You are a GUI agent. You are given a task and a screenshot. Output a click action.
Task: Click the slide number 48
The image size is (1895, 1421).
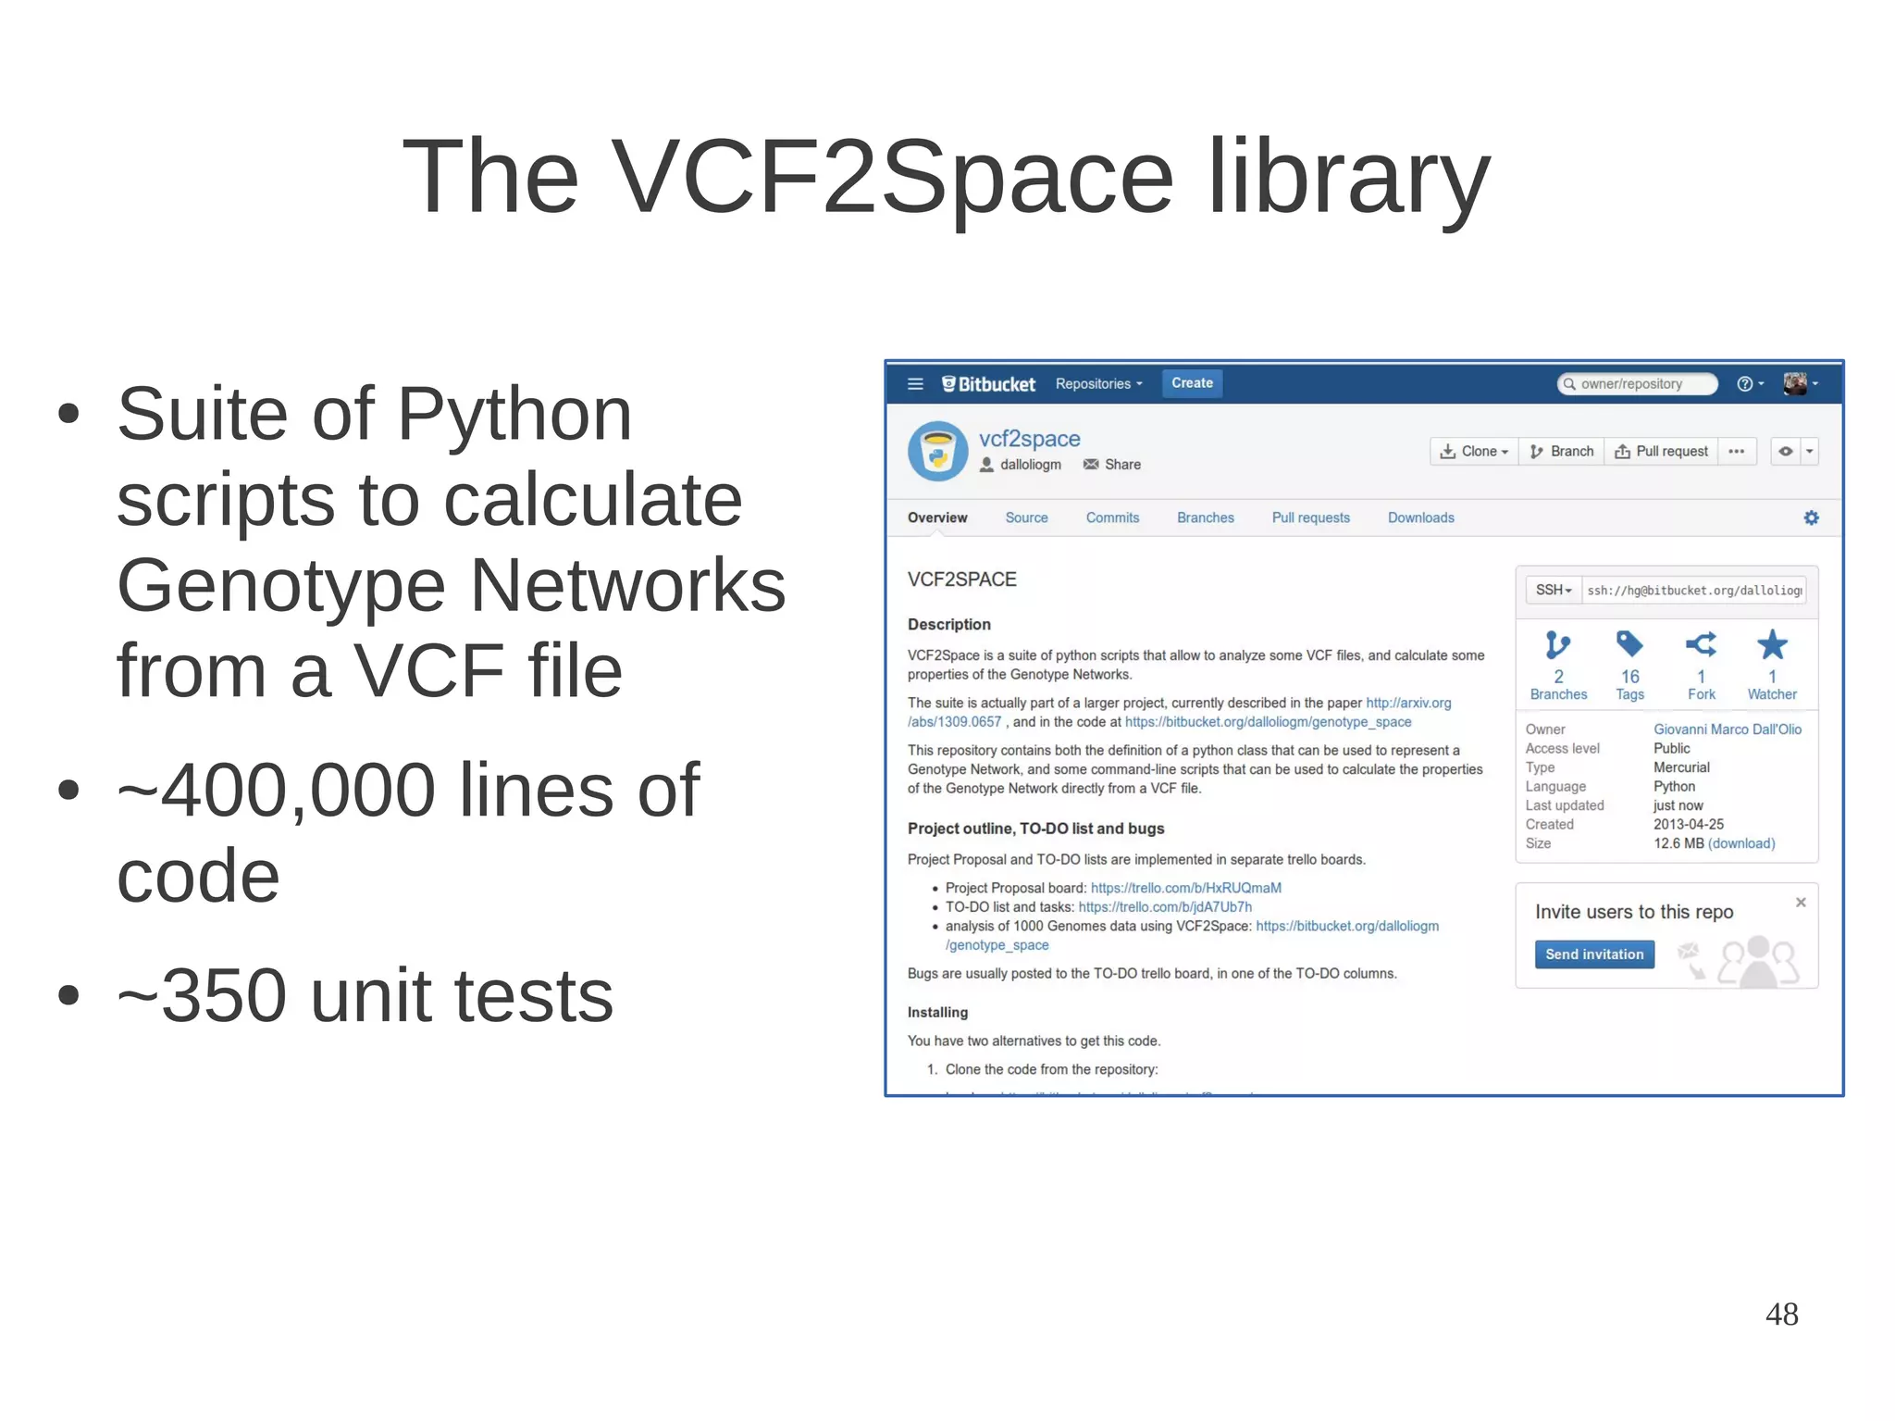click(1781, 1314)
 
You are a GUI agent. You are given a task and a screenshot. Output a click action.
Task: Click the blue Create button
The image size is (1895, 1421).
click(1192, 383)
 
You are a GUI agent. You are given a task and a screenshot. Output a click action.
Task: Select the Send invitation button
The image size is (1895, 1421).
click(1594, 954)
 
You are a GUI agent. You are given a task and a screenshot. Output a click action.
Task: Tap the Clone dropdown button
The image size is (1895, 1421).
click(1474, 452)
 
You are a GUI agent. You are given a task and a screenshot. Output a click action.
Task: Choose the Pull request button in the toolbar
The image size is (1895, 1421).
click(1662, 452)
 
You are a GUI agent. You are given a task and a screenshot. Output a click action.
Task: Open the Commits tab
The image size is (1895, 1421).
click(1112, 518)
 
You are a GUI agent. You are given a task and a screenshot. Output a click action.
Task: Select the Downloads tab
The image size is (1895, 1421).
click(1420, 518)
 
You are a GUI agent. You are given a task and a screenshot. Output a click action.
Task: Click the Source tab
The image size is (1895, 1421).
click(1026, 518)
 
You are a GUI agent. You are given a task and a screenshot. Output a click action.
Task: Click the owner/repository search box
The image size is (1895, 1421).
click(1637, 384)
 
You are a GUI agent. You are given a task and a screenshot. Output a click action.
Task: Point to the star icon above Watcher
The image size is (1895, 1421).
click(1772, 645)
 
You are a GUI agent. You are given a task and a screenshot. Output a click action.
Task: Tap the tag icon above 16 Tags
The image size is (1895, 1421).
click(1629, 644)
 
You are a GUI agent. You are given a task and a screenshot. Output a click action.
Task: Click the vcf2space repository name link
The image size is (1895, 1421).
click(1029, 439)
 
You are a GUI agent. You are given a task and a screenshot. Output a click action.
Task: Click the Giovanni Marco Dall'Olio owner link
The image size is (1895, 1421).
click(1728, 729)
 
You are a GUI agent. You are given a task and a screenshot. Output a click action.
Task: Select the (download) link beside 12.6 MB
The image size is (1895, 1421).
click(1741, 844)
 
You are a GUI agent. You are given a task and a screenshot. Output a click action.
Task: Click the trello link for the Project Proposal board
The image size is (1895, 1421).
click(1185, 889)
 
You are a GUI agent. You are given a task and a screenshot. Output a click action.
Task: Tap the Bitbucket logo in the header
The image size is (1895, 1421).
click(988, 384)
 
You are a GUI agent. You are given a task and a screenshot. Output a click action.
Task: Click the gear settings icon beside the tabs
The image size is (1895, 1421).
click(1811, 518)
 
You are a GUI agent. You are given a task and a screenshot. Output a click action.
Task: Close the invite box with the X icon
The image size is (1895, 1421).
click(1801, 903)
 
